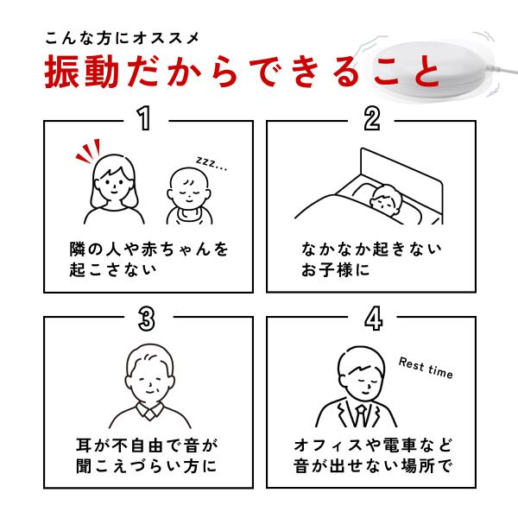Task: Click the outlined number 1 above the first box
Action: pos(144,118)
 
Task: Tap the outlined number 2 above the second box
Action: pos(372,118)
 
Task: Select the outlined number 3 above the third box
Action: pos(147,319)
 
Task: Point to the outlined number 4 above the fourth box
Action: pos(374,319)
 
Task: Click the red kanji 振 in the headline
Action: pos(61,72)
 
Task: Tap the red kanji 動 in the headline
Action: pos(101,72)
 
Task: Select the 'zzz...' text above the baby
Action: pos(212,163)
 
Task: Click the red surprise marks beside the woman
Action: pos(88,150)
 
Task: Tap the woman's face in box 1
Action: pos(113,185)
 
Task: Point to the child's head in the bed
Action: pos(385,199)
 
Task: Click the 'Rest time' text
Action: pos(426,368)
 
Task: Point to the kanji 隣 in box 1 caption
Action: pos(78,250)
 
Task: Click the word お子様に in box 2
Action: pos(335,269)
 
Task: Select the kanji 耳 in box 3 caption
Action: pos(84,445)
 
